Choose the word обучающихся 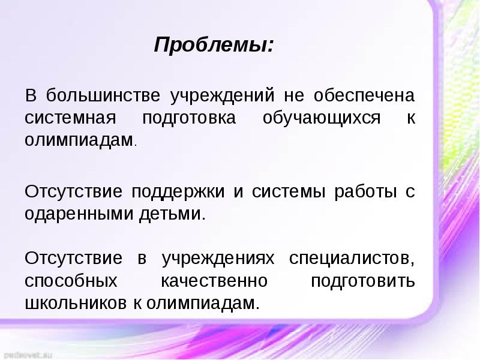[322, 118]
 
